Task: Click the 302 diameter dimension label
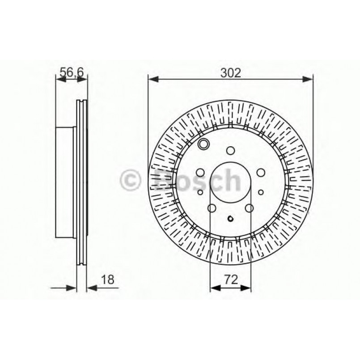click(x=230, y=72)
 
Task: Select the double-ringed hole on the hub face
click(x=203, y=144)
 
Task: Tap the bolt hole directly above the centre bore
click(x=230, y=150)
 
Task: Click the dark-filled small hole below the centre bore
click(x=230, y=219)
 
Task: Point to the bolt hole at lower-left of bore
click(x=212, y=208)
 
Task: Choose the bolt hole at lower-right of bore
click(x=250, y=208)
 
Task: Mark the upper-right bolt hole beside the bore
click(x=261, y=173)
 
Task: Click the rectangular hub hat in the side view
click(x=65, y=182)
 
